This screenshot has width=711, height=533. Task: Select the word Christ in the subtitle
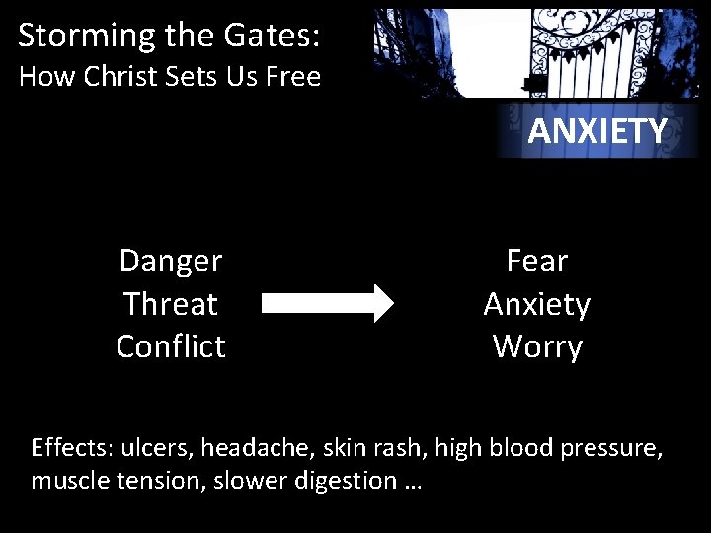(123, 76)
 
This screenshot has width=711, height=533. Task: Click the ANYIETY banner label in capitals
(597, 131)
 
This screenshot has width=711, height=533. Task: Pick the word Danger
(171, 262)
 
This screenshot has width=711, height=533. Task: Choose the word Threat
(171, 304)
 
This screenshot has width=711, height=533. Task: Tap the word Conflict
(171, 346)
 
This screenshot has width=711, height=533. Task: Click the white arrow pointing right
(327, 304)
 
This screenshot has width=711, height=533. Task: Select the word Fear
(537, 262)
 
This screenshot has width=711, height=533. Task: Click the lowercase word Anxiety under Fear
(537, 304)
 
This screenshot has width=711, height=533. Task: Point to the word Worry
(537, 346)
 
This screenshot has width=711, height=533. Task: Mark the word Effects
(73, 448)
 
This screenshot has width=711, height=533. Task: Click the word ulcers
(158, 448)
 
